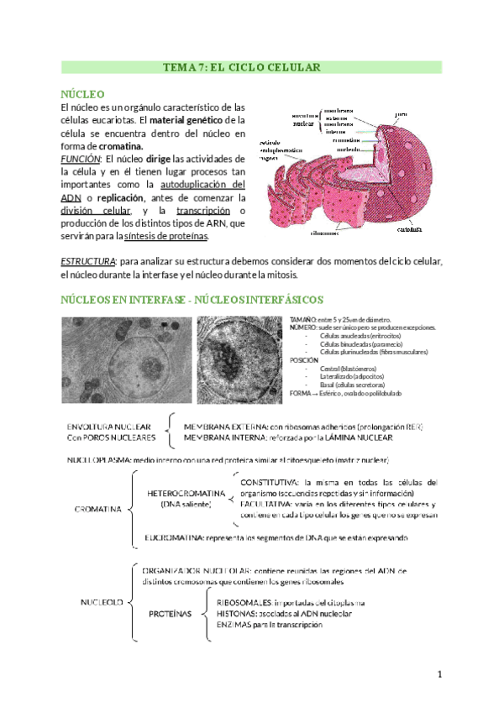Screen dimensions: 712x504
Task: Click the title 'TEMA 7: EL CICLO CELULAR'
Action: click(251, 67)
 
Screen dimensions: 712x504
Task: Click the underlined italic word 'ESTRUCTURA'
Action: click(89, 262)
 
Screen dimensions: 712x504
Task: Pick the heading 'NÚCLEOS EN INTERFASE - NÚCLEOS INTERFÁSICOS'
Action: click(191, 300)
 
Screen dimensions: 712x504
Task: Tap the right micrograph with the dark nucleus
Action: click(239, 358)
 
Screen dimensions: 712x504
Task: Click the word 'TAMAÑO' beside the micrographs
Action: click(302, 321)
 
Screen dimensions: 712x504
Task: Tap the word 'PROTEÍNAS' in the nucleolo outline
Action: click(171, 614)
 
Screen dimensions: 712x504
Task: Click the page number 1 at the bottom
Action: click(438, 675)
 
